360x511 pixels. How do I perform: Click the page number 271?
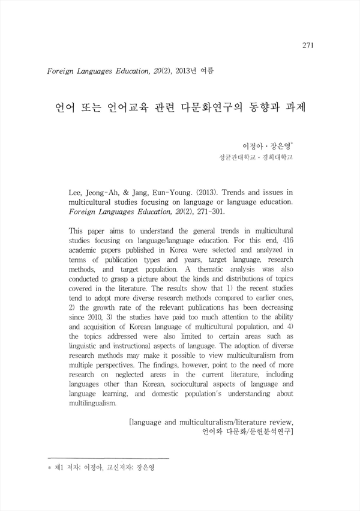[308, 45]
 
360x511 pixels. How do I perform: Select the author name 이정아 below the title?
[252, 146]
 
